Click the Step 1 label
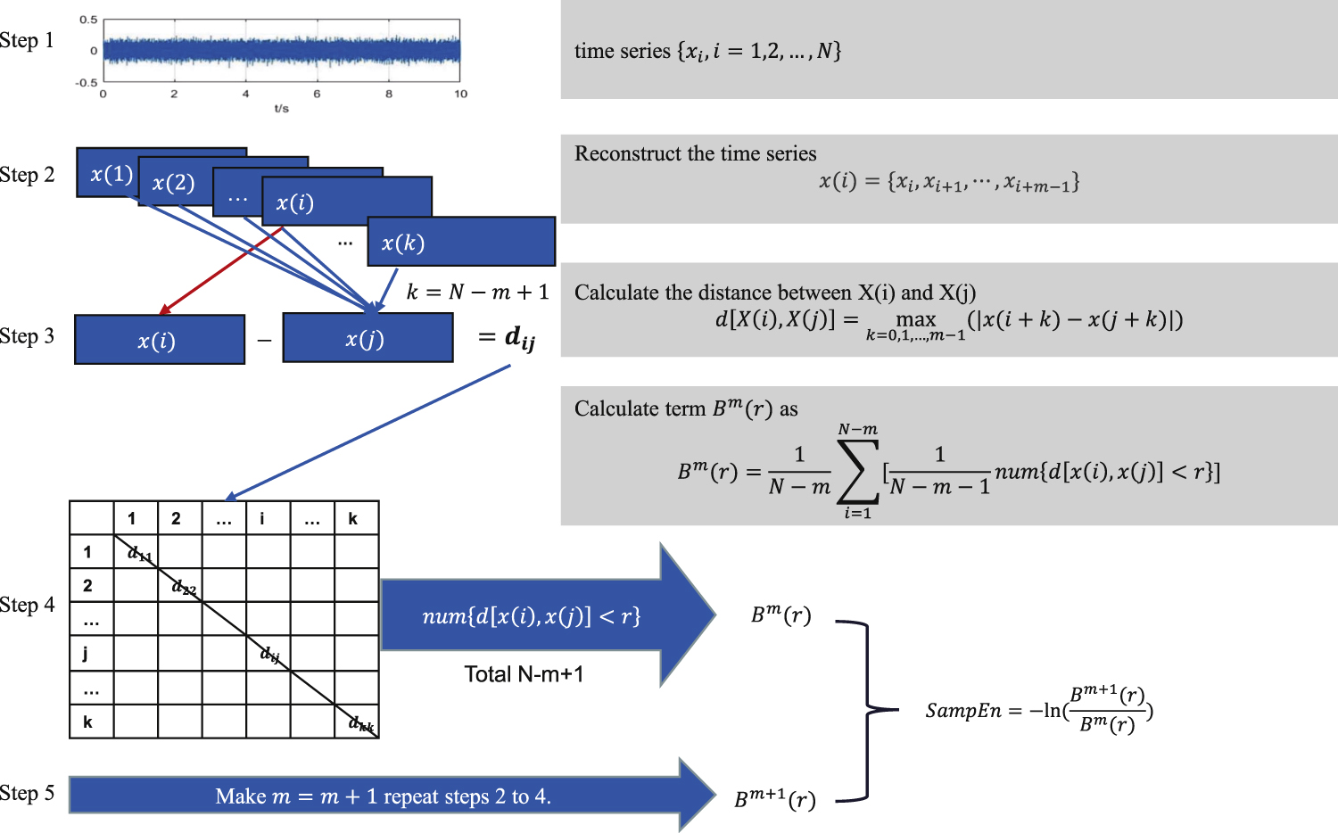27,41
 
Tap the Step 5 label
27,794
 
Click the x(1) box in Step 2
111,174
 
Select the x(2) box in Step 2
173,183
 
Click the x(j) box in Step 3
367,339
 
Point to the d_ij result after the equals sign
519,337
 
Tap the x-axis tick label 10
460,94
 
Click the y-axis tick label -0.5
87,83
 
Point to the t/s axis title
281,109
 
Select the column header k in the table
353,518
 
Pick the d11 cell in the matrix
139,553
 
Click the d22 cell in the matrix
184,587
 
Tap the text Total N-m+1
524,674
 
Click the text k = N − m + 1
477,293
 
